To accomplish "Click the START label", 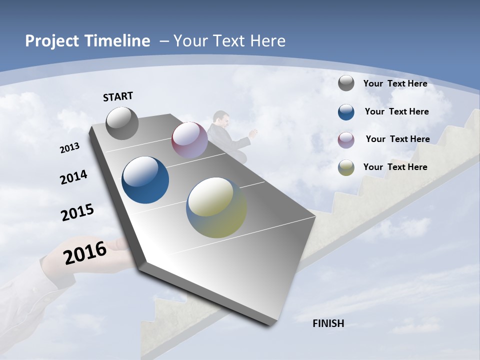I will click(x=118, y=96).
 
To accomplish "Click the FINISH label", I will click(x=328, y=323).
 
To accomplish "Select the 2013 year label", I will click(x=69, y=148).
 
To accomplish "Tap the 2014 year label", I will click(x=73, y=177).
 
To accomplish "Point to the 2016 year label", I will click(x=85, y=252).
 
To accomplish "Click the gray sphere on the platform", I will click(x=122, y=123).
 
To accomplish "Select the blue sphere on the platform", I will click(x=145, y=180).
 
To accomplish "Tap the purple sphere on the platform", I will click(x=189, y=140).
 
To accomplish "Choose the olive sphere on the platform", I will click(x=216, y=207).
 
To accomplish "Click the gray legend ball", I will click(x=346, y=83).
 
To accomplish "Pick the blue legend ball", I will click(x=346, y=112).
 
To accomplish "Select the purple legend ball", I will click(x=346, y=139).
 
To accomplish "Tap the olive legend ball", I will click(x=346, y=167).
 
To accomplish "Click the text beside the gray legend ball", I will click(x=395, y=83).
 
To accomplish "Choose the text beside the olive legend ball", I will click(x=395, y=167).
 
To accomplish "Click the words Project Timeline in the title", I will click(x=87, y=41).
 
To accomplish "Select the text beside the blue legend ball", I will click(x=396, y=111).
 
